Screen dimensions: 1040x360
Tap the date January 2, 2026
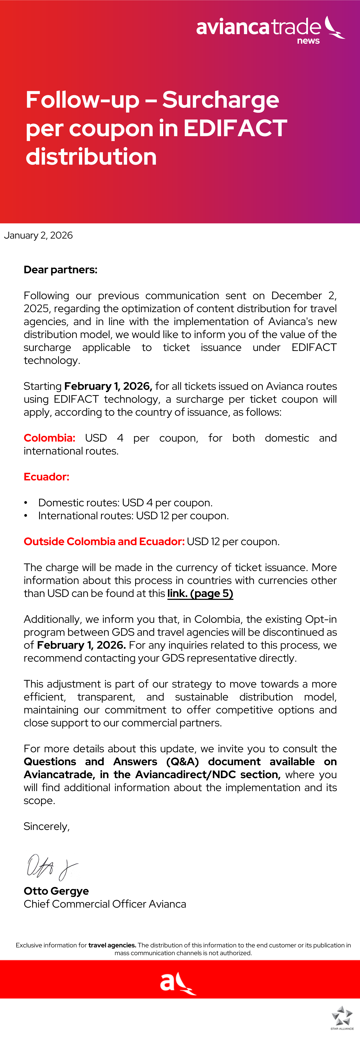click(38, 235)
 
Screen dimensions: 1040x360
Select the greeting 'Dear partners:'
click(61, 270)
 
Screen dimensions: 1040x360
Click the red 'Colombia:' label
click(49, 438)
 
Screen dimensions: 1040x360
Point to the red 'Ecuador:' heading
click(46, 477)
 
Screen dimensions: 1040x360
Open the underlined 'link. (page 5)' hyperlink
click(200, 593)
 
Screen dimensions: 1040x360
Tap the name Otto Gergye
click(56, 891)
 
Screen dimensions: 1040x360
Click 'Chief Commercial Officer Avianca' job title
click(105, 904)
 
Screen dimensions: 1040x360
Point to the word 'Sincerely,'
click(46, 826)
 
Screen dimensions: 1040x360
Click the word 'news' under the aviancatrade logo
click(308, 41)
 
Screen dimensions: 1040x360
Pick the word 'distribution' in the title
click(91, 157)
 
